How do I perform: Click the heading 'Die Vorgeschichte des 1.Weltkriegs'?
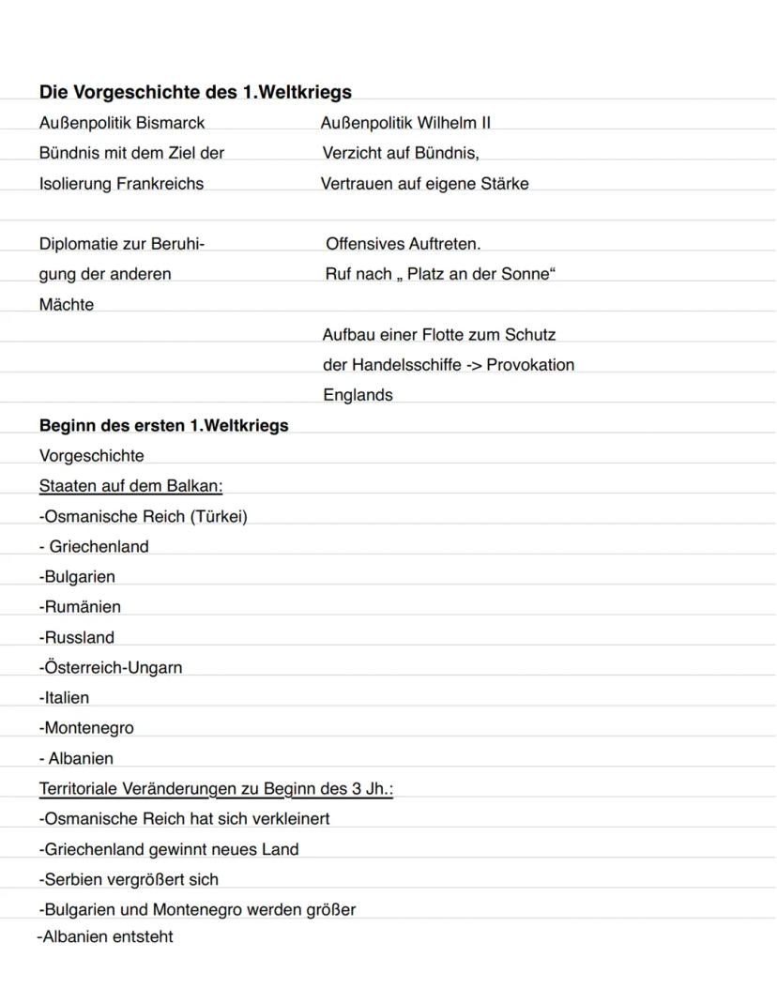(195, 92)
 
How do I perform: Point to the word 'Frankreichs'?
(160, 184)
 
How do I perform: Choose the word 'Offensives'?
(364, 244)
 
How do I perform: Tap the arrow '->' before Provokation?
(473, 365)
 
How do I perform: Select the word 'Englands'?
(358, 395)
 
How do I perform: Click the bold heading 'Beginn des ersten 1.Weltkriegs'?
(163, 425)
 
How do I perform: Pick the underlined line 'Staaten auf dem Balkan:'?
(130, 486)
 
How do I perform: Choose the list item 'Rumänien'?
(82, 607)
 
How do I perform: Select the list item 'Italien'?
(67, 697)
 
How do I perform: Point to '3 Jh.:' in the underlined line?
(373, 788)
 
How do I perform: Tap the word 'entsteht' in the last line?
(142, 936)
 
